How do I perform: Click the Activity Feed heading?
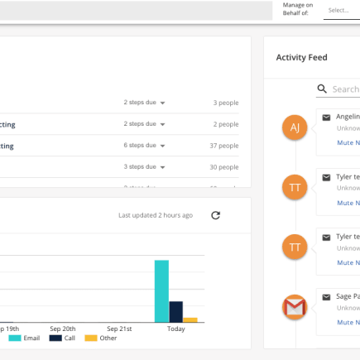(301, 57)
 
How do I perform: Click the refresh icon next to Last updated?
(216, 215)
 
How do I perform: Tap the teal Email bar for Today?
(161, 290)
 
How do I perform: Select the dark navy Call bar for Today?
(175, 311)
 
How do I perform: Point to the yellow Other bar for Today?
(190, 319)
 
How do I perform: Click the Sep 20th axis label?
(62, 329)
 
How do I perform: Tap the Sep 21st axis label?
(119, 329)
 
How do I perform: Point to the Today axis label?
(175, 329)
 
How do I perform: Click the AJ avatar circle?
(295, 127)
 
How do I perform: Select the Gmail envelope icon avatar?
(295, 308)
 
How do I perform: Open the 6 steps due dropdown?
(144, 145)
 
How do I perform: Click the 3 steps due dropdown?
(144, 166)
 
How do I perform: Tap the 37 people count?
(223, 146)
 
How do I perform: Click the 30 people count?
(223, 167)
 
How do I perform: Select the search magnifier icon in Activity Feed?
(322, 89)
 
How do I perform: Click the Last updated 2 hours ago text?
(156, 215)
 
